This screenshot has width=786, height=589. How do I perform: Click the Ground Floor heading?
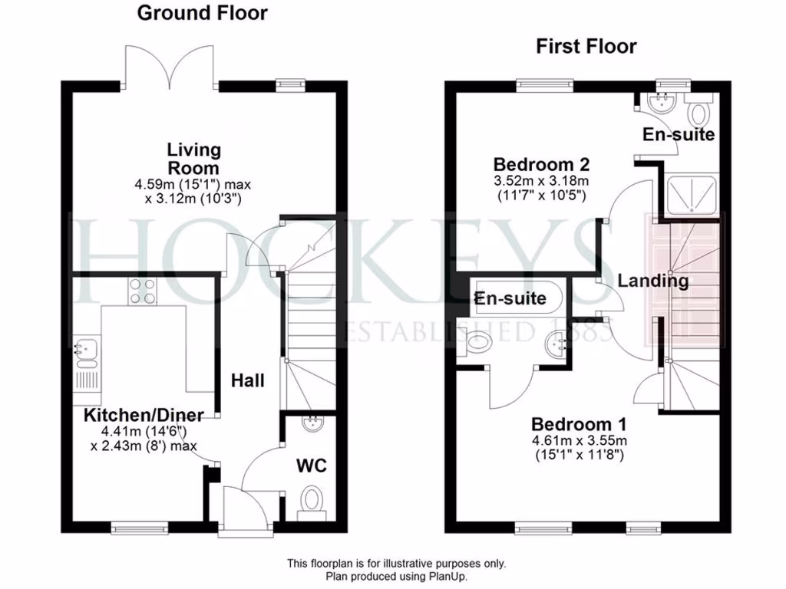(x=203, y=13)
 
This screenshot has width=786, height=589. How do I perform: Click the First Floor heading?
(x=586, y=47)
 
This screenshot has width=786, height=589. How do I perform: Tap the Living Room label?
(x=194, y=159)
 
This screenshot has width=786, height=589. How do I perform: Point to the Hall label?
(x=248, y=380)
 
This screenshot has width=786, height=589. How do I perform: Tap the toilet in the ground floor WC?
(x=312, y=503)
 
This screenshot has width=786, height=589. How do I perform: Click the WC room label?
(x=312, y=466)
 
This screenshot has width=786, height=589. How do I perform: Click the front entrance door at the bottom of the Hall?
(x=233, y=507)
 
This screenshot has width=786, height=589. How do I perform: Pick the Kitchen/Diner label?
(x=144, y=415)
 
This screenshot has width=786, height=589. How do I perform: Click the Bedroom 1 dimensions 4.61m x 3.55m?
(x=580, y=440)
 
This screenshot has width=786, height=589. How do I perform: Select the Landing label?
(x=653, y=281)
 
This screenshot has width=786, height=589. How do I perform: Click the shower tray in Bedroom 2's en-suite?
(x=689, y=195)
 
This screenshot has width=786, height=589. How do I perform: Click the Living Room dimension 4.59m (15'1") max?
(x=193, y=184)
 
